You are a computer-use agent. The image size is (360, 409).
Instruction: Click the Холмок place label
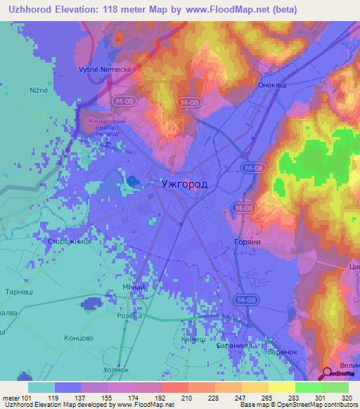(113, 369)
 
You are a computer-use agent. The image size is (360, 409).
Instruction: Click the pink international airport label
(106, 127)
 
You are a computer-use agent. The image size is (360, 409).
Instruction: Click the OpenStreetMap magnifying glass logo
(328, 375)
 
